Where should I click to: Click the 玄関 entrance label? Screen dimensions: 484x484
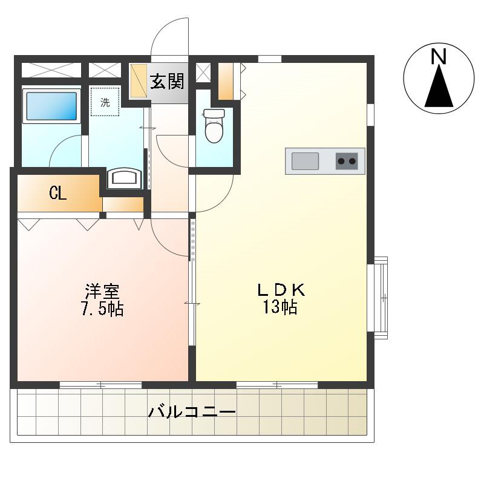pyautogui.click(x=167, y=81)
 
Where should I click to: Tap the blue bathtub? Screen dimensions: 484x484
pyautogui.click(x=51, y=106)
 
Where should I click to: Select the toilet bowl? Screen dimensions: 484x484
pyautogui.click(x=214, y=125)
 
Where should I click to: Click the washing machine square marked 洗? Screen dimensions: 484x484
pyautogui.click(x=105, y=102)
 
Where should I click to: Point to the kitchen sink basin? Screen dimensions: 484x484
pyautogui.click(x=305, y=161)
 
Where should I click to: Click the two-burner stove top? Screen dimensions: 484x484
pyautogui.click(x=347, y=161)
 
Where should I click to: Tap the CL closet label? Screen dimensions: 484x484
pyautogui.click(x=57, y=194)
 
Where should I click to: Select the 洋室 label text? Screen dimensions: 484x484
pyautogui.click(x=102, y=292)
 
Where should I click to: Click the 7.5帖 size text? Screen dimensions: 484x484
pyautogui.click(x=102, y=309)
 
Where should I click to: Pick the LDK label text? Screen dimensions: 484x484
pyautogui.click(x=281, y=290)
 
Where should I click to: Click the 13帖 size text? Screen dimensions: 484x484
pyautogui.click(x=280, y=307)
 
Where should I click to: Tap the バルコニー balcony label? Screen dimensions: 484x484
pyautogui.click(x=192, y=412)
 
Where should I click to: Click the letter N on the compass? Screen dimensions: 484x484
pyautogui.click(x=439, y=57)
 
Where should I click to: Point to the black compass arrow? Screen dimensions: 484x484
pyautogui.click(x=439, y=87)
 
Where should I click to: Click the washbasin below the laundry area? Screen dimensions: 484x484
pyautogui.click(x=125, y=178)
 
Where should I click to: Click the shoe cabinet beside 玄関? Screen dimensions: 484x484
pyautogui.click(x=139, y=81)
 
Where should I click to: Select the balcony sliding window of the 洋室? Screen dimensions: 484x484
pyautogui.click(x=100, y=385)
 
